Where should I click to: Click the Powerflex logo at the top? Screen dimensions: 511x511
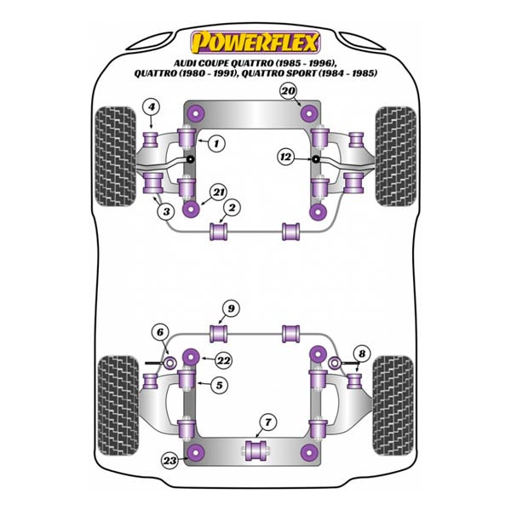tap(255, 43)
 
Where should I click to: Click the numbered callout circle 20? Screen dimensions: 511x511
tap(288, 91)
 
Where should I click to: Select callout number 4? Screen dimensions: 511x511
tap(152, 107)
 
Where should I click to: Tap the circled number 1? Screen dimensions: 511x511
tap(216, 143)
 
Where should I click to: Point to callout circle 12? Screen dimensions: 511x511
tap(286, 157)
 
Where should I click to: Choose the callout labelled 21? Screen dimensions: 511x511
tap(219, 192)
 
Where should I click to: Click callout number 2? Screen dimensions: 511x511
tap(232, 208)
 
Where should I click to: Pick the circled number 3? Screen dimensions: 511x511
tap(166, 211)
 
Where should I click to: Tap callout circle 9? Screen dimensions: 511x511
tap(231, 308)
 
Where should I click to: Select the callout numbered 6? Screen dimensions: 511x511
tap(160, 333)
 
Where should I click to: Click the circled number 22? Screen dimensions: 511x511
tap(224, 360)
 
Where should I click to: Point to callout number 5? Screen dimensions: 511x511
tap(220, 385)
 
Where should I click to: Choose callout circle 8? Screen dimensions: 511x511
tap(362, 354)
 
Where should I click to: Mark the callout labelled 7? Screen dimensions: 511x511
tap(268, 422)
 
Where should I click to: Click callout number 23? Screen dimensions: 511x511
tap(169, 461)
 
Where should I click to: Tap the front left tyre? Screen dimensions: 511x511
tap(115, 157)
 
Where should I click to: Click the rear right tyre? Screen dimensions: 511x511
tap(393, 405)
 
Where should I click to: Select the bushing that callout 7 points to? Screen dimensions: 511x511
tap(255, 451)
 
